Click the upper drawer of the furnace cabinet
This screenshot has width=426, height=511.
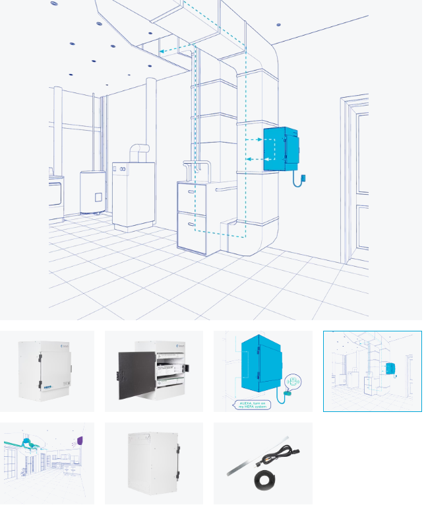click(192, 197)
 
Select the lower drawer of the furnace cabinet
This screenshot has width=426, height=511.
click(192, 231)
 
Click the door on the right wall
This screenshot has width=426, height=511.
click(356, 178)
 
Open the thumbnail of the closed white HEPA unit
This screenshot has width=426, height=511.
click(47, 371)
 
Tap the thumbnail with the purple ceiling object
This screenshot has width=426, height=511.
click(47, 463)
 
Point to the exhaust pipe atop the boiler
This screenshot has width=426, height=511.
click(136, 153)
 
